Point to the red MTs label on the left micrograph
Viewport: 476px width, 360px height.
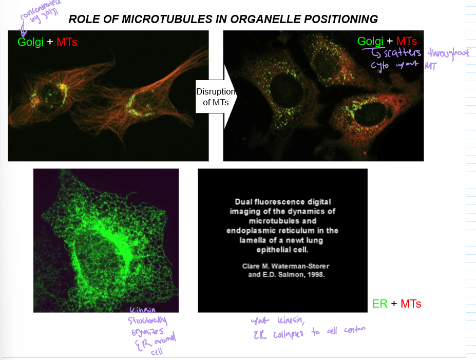pos(67,42)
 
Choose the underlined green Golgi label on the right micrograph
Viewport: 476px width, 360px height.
pos(370,41)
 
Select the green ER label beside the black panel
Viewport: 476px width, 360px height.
pos(380,304)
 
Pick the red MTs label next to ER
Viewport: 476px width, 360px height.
pos(411,304)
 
